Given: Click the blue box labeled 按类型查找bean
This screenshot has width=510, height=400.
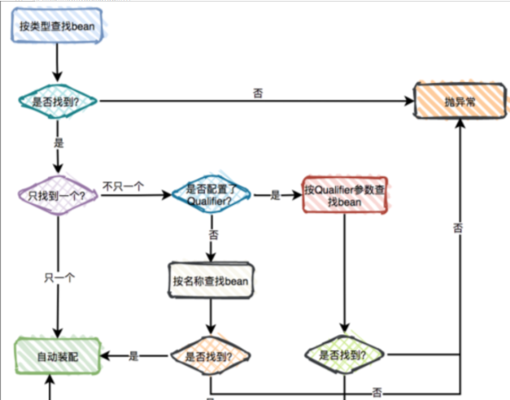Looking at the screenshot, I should tap(56, 26).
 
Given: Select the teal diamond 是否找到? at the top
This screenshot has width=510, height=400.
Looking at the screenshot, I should tap(57, 102).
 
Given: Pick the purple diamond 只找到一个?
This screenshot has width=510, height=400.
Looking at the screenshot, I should tap(57, 196).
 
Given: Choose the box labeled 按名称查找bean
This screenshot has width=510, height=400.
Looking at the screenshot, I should tap(211, 280).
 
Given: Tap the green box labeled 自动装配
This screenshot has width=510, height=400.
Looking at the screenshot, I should tap(58, 356).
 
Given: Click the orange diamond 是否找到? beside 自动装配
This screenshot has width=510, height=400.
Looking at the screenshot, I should tap(211, 356).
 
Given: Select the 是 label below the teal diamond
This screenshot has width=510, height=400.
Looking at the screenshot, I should tap(58, 141).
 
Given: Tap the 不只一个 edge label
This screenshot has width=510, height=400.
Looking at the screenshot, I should tap(124, 186).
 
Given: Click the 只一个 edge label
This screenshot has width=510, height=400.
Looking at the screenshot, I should tap(59, 277).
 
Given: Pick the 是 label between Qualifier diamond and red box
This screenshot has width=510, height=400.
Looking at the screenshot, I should tap(275, 195).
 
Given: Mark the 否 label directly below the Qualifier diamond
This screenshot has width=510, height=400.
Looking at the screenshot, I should tap(213, 234).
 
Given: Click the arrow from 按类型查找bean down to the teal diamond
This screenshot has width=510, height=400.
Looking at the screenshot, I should tap(57, 62).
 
